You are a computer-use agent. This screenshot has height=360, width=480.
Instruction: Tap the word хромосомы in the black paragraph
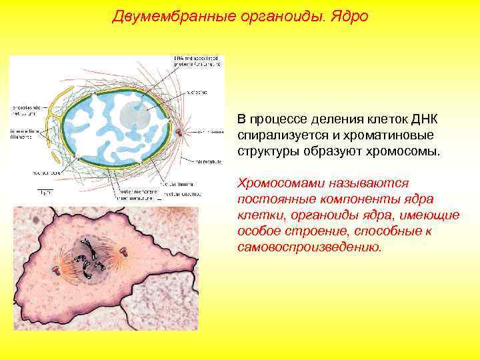coord(409,150)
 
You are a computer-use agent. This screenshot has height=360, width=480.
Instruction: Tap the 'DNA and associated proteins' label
coord(196,62)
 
